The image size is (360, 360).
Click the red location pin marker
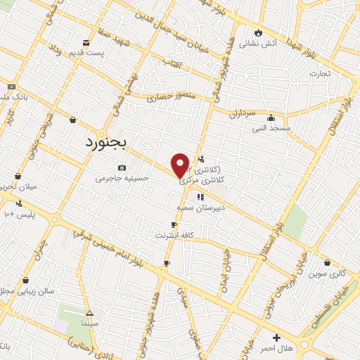pos(181,165)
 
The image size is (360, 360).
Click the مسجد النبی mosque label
pos(271,128)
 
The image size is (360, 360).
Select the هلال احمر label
pos(276,348)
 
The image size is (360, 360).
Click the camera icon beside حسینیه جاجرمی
pos(122,167)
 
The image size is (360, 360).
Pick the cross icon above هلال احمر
pos(276,337)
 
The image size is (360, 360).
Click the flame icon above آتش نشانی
pos(259,32)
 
